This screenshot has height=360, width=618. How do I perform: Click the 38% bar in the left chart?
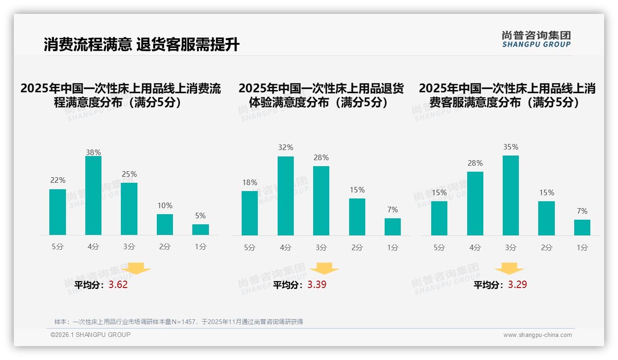[93, 196]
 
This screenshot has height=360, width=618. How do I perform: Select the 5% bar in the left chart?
[201, 229]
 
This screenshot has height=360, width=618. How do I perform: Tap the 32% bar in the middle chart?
[285, 196]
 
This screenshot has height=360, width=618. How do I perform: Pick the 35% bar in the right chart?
[511, 195]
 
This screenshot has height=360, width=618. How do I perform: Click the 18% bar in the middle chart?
[250, 213]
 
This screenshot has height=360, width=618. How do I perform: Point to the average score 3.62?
[118, 285]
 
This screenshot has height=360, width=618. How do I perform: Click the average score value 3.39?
[317, 285]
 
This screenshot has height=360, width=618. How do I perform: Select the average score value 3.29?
[517, 285]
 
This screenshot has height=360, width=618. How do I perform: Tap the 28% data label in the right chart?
[475, 163]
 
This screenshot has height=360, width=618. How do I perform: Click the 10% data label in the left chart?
[165, 205]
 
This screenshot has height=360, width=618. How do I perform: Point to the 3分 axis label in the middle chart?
[321, 247]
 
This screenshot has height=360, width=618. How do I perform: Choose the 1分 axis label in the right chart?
[582, 247]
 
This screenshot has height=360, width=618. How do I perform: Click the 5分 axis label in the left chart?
[58, 246]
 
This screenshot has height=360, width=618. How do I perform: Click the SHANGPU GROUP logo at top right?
[536, 39]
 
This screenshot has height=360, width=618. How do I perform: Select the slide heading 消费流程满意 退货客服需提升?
[142, 45]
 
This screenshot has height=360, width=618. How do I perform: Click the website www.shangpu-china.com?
[537, 335]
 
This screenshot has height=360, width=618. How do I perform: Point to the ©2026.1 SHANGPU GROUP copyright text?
[90, 335]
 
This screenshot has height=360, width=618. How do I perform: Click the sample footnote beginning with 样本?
[178, 322]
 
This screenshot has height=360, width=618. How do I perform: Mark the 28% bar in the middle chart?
[321, 201]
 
